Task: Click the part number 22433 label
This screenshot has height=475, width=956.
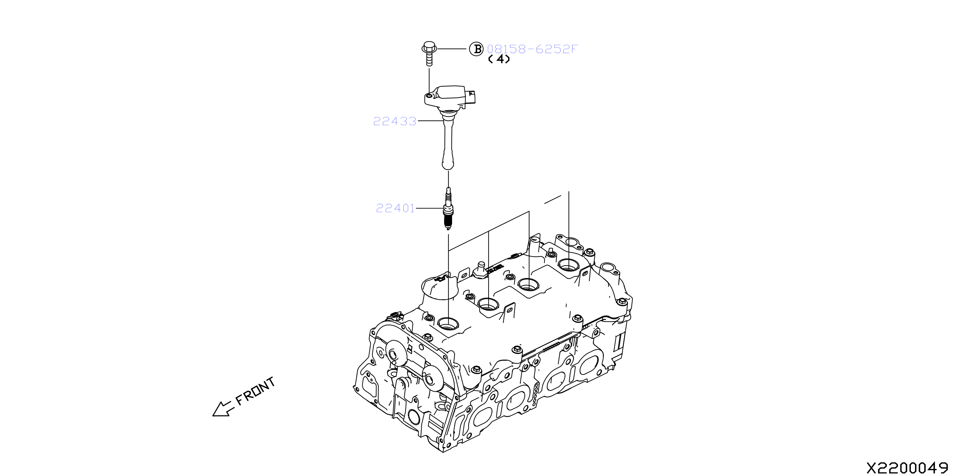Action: click(x=394, y=121)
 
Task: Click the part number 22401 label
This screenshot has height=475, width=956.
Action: click(x=395, y=208)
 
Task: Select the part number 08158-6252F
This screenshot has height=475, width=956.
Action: click(x=532, y=49)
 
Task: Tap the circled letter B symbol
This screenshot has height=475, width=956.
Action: click(x=476, y=49)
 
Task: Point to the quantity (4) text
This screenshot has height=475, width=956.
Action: click(x=499, y=59)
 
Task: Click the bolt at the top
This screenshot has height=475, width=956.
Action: click(x=429, y=53)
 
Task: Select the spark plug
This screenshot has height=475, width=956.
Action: click(x=448, y=209)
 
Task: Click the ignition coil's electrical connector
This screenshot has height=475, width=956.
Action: click(x=471, y=97)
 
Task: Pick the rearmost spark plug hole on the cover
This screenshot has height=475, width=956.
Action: click(x=568, y=265)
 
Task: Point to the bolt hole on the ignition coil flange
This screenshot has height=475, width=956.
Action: click(x=429, y=96)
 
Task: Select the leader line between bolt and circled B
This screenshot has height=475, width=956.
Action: click(x=452, y=49)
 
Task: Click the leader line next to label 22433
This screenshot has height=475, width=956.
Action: click(x=431, y=121)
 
